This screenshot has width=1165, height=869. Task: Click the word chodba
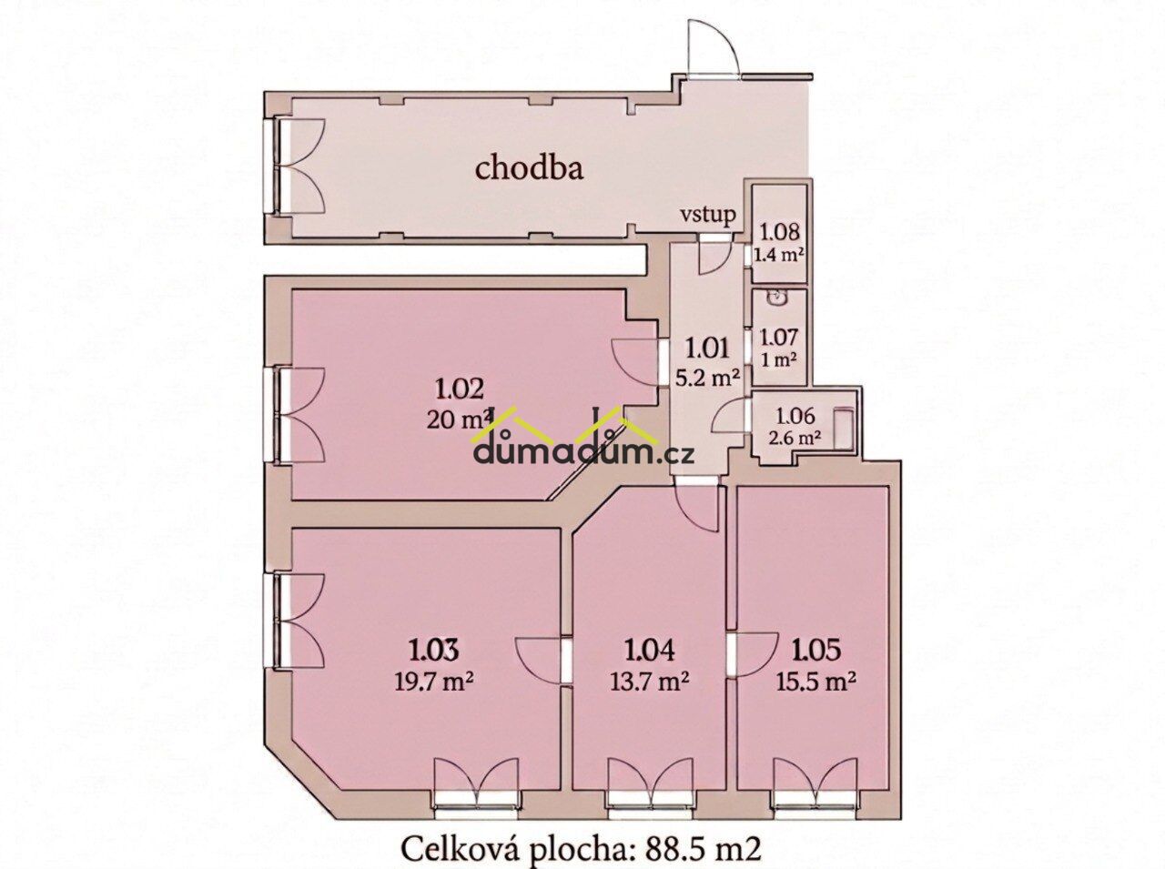pyautogui.click(x=529, y=169)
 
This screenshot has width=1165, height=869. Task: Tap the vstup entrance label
pyautogui.click(x=708, y=216)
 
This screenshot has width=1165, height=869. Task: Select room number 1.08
pyautogui.click(x=779, y=232)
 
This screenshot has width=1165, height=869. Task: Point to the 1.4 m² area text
pyautogui.click(x=778, y=256)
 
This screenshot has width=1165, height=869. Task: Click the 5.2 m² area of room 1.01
pyautogui.click(x=708, y=378)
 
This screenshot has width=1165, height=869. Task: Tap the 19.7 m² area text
pyautogui.click(x=434, y=680)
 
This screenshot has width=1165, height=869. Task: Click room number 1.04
pyautogui.click(x=650, y=651)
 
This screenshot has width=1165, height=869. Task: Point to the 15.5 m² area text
pyautogui.click(x=815, y=680)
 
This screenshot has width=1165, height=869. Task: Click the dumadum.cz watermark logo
pyautogui.click(x=582, y=436)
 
